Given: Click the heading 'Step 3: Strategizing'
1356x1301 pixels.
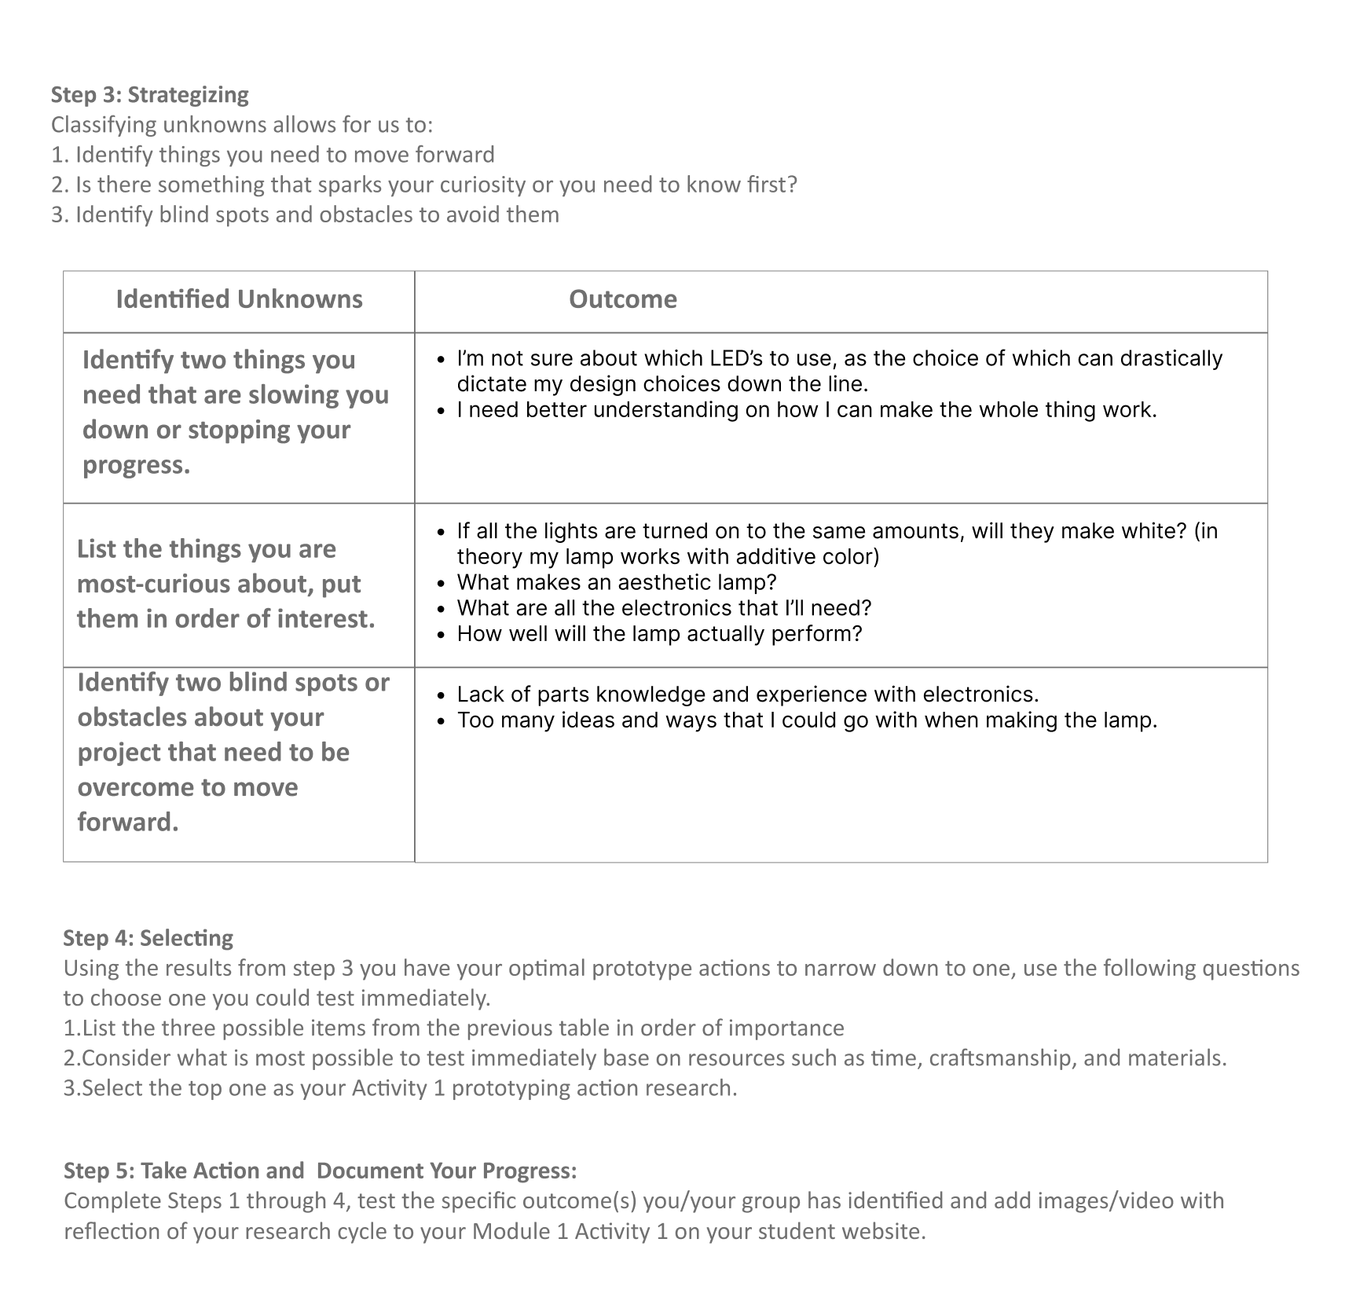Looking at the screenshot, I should tap(149, 94).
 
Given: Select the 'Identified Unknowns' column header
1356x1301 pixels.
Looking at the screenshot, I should tap(239, 299).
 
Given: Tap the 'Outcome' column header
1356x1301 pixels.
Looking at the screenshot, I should tap(622, 299).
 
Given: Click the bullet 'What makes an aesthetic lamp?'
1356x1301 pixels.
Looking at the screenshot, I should tap(617, 582).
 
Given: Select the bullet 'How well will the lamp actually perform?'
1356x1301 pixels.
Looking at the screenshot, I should tap(659, 634).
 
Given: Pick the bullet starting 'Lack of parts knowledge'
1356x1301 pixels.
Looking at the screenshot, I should tap(747, 694).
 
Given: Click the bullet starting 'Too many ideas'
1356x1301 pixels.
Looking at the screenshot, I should tap(807, 720).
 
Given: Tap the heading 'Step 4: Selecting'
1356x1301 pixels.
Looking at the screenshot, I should tap(148, 938).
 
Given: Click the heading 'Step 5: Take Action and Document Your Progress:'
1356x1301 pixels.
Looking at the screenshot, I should tap(320, 1171).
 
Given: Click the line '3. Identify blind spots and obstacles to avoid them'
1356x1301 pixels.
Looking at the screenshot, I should tap(305, 214).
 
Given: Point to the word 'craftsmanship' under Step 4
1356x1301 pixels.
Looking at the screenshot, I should tap(1000, 1058).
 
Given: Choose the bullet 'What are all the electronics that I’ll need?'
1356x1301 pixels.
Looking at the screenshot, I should tap(664, 608).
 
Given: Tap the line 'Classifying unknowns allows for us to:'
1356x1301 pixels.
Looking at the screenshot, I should tap(242, 124).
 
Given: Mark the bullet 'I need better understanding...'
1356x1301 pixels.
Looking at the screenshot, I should tap(806, 410).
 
